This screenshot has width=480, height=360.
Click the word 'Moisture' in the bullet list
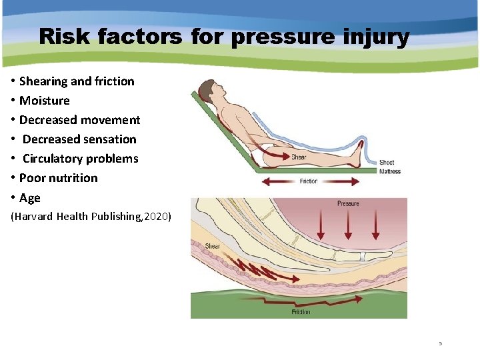tap(44, 101)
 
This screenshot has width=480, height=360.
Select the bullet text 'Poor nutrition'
tap(58, 178)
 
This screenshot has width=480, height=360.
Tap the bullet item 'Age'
tap(30, 198)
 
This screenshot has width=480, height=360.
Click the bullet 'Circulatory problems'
tap(80, 159)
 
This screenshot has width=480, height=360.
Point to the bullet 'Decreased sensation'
tap(79, 139)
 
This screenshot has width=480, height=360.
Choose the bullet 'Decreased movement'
tap(79, 120)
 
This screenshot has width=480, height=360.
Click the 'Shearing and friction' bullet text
tap(77, 81)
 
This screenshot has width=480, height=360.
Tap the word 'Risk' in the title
tap(66, 37)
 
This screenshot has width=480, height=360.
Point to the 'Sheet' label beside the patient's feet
tap(387, 163)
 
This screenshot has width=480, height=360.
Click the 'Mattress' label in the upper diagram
tap(389, 171)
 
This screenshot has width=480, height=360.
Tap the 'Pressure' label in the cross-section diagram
tap(348, 203)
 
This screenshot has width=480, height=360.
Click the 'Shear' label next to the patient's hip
tap(299, 157)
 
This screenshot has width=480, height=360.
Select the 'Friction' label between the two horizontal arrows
tap(309, 181)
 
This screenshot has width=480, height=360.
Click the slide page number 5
tap(440, 343)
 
